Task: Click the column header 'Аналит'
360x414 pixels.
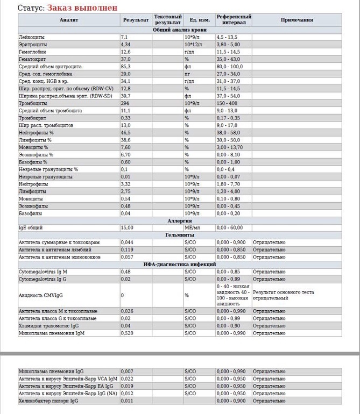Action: [69, 20]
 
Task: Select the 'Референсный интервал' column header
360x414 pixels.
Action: [234, 20]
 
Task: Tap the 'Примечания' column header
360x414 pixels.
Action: [297, 20]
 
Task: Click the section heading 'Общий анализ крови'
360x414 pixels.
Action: [180, 30]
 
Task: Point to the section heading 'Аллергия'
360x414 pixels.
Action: [180, 220]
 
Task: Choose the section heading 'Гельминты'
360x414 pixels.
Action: [180, 235]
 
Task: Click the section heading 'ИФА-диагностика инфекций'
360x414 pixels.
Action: [180, 265]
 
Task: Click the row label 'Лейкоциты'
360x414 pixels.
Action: [32, 37]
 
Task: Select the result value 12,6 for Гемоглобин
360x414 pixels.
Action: [126, 52]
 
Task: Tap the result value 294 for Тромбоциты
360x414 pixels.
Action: [125, 103]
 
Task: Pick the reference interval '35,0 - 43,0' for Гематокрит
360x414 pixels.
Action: [228, 59]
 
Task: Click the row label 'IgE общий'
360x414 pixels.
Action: [31, 228]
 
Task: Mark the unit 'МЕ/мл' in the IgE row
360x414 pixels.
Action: [192, 228]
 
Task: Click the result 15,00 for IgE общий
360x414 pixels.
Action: [127, 228]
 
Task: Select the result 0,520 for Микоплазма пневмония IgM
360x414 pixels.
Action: [127, 333]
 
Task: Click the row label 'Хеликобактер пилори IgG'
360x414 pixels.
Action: [48, 401]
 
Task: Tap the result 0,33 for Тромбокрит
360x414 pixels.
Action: [126, 118]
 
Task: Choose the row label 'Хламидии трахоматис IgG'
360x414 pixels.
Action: [48, 326]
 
